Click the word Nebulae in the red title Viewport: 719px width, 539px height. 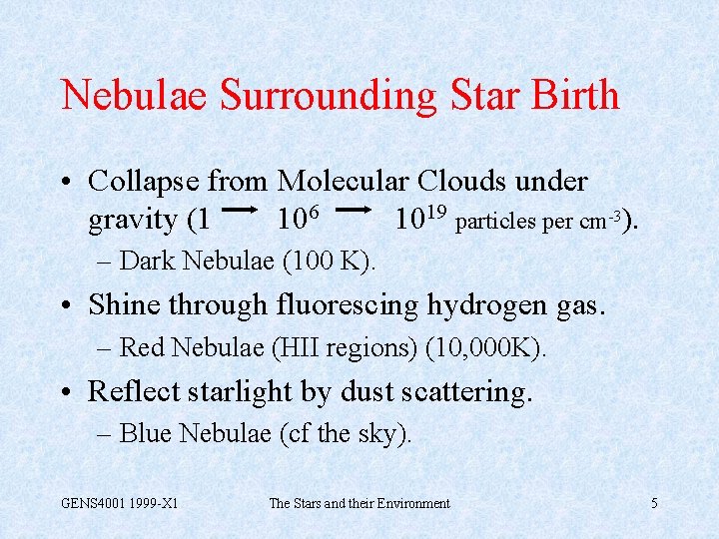[134, 96]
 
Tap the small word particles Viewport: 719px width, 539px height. [495, 221]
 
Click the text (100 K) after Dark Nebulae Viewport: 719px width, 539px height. [331, 262]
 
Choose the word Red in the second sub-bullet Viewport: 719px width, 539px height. [142, 347]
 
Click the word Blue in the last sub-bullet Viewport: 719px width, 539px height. [146, 434]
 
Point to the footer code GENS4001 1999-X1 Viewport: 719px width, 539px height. [120, 504]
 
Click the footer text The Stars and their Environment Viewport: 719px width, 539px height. [359, 504]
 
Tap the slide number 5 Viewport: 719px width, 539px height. [654, 504]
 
